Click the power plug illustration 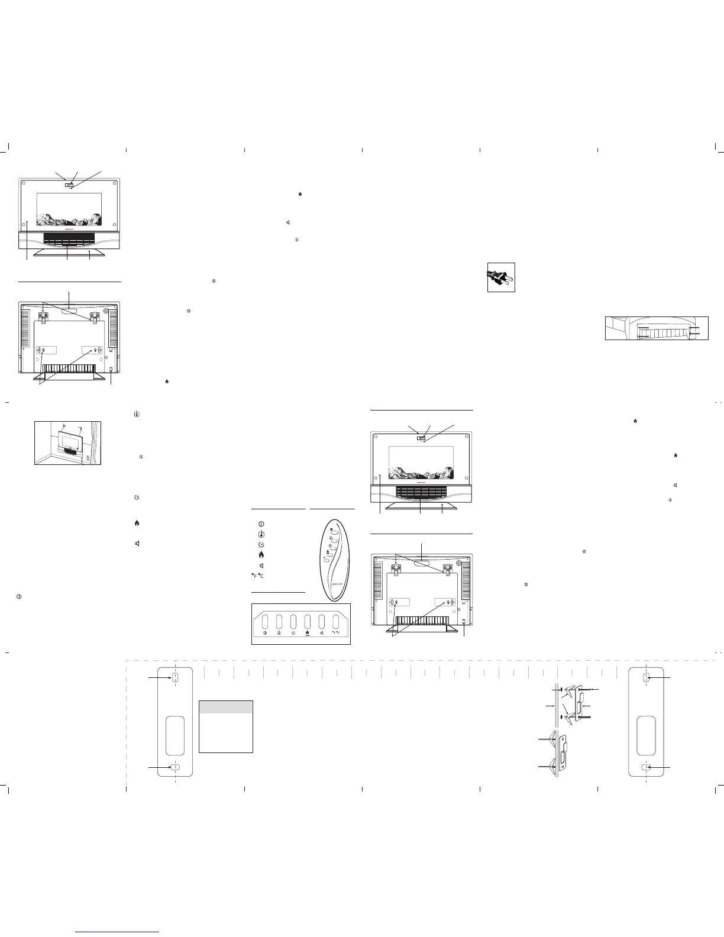click(500, 277)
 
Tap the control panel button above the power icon click(264, 622)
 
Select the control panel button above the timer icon click(293, 622)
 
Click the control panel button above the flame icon click(308, 622)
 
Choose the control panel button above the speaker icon click(322, 622)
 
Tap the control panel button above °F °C click(337, 622)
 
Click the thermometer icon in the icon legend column click(261, 534)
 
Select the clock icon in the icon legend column click(261, 544)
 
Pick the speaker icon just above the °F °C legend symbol click(261, 566)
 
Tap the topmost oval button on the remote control click(334, 531)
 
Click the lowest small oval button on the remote click(325, 558)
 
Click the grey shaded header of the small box click(226, 707)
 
